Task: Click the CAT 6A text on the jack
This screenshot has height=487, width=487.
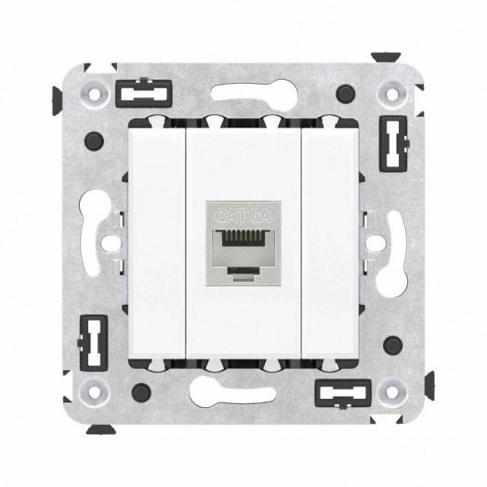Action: click(243, 216)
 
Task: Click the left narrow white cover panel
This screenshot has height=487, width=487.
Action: click(159, 243)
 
